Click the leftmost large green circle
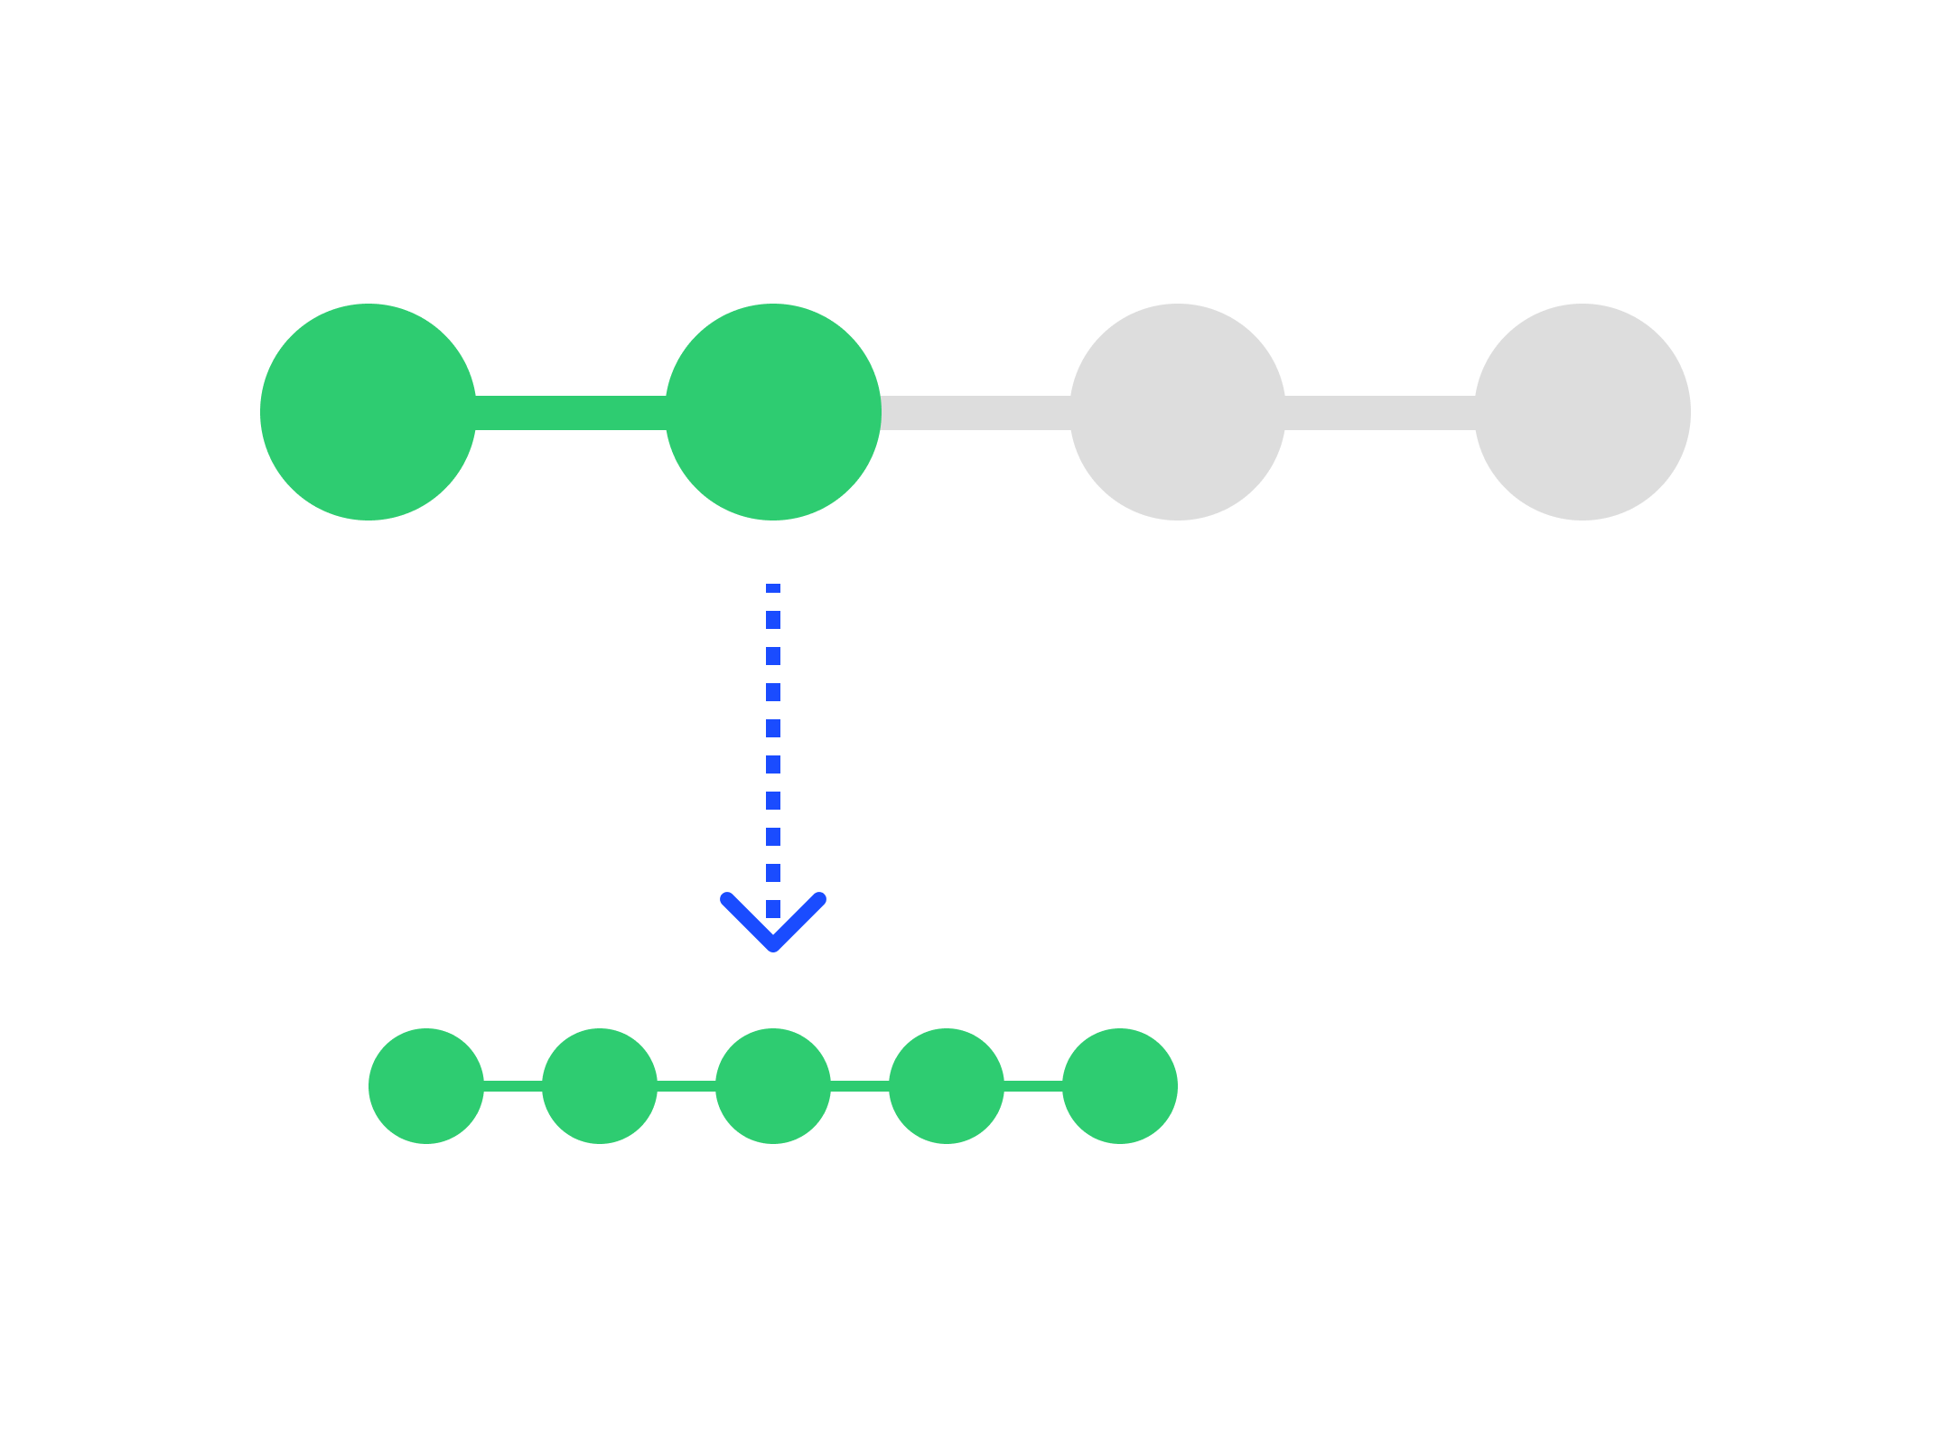(x=368, y=412)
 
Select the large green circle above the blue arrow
(x=773, y=412)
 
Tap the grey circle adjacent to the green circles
(x=1178, y=412)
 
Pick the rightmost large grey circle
(x=1582, y=412)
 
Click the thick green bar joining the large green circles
(x=571, y=412)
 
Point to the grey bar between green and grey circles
(x=975, y=412)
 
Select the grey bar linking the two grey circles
(x=1380, y=412)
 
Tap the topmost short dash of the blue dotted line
(x=773, y=588)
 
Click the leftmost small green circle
(x=426, y=1086)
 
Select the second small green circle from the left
(x=600, y=1086)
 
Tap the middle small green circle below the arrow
(x=773, y=1086)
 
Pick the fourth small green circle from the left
(x=947, y=1086)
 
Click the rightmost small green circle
(x=1120, y=1086)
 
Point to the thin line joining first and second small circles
(x=513, y=1086)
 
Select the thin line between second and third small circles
(x=686, y=1086)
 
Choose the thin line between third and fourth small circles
(x=860, y=1086)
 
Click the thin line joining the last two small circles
(x=1033, y=1086)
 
